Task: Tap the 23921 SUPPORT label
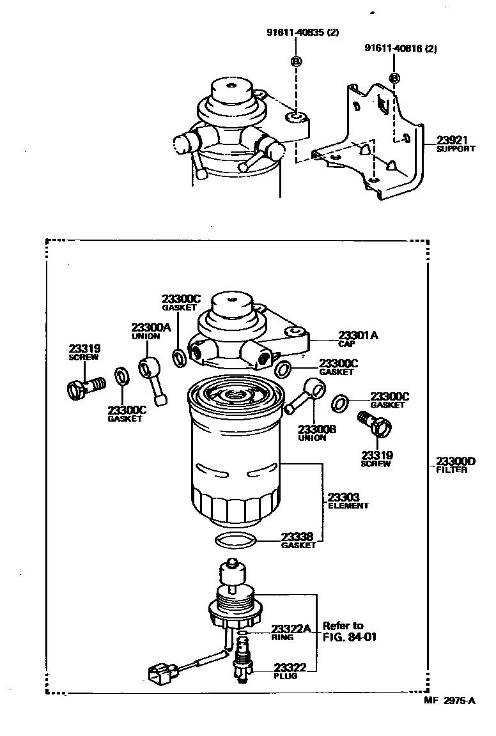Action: (x=456, y=144)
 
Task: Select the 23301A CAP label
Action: (x=357, y=339)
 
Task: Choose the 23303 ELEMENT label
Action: (x=348, y=500)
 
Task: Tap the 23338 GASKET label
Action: (x=299, y=540)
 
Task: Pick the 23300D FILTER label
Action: (x=456, y=464)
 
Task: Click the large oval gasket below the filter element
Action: (x=236, y=540)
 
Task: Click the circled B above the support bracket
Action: (x=394, y=78)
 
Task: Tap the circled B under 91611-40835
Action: (x=296, y=62)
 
